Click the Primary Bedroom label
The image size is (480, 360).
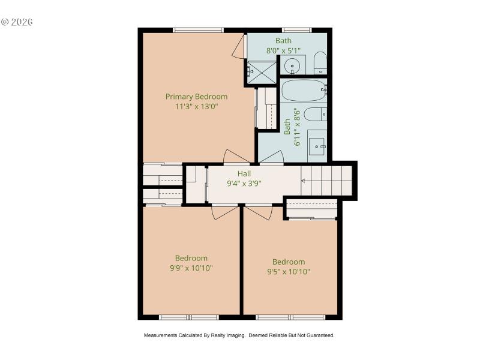pos(196,96)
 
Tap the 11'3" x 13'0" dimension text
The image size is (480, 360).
pos(196,107)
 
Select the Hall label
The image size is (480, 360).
pos(244,173)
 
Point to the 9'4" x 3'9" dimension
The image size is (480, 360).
pos(244,184)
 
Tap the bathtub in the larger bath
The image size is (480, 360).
pos(303,92)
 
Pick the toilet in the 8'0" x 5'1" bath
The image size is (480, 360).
pos(320,62)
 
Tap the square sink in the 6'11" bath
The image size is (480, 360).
pos(317,145)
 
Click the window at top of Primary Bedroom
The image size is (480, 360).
pos(198,30)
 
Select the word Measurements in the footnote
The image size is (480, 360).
pos(160,335)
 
